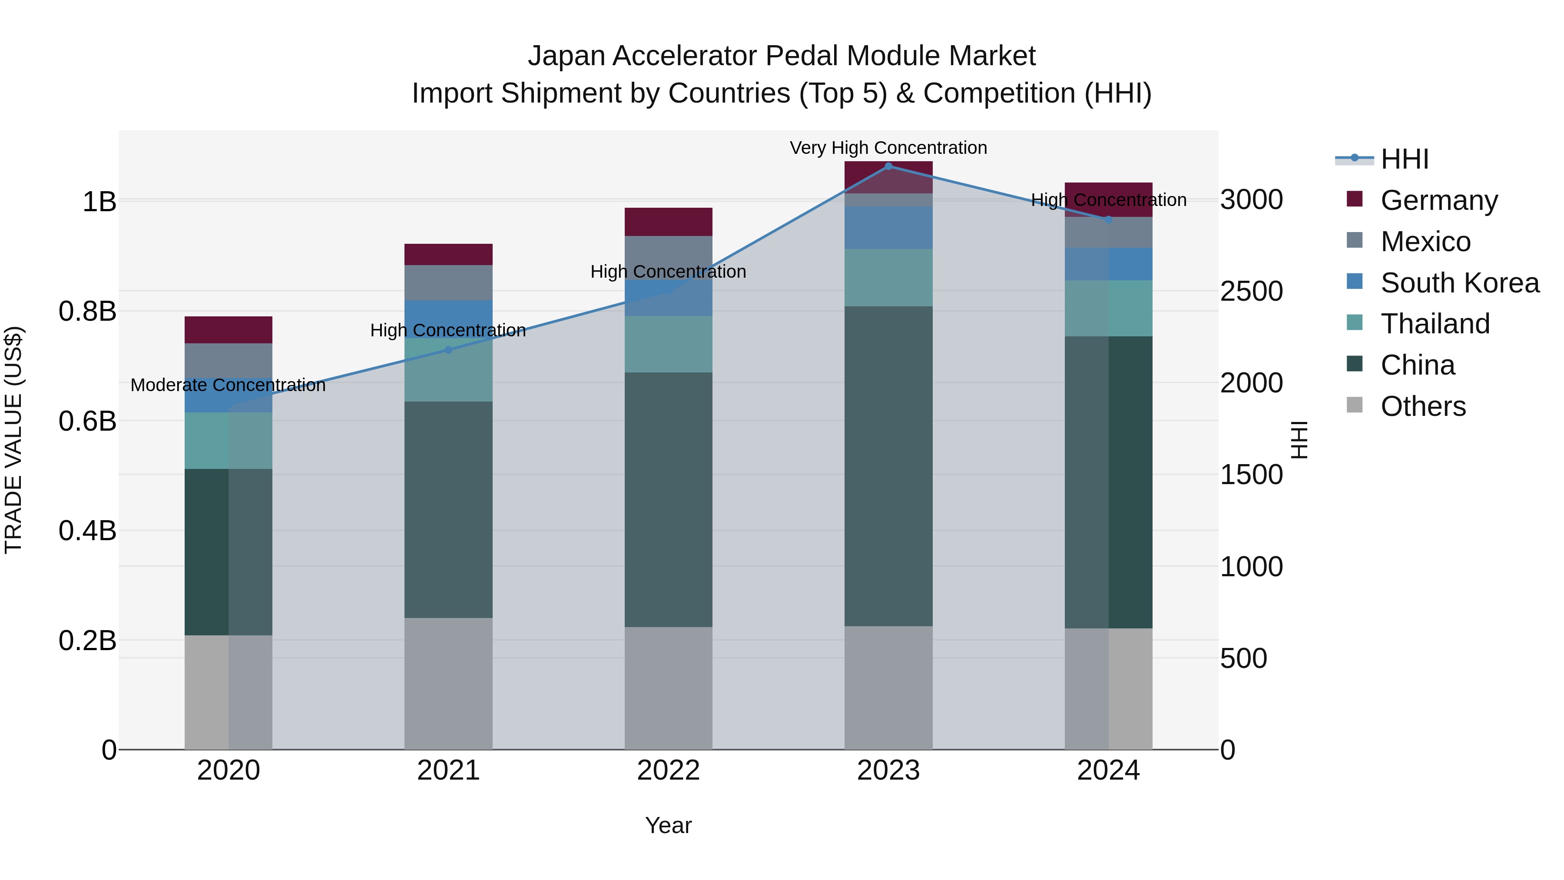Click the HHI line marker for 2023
point(888,166)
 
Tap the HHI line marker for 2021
point(448,350)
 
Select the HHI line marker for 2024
point(1108,219)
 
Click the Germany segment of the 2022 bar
point(669,222)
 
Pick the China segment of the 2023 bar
point(888,466)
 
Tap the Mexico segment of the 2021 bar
point(448,282)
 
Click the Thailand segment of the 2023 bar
point(888,278)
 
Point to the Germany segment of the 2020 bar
point(228,330)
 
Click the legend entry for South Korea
point(1460,283)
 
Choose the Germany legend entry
point(1439,200)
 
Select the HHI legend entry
point(1404,159)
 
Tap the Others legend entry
point(1422,406)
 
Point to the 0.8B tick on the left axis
point(87,312)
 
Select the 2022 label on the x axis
point(669,770)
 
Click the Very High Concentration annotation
point(888,148)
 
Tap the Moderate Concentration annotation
point(228,385)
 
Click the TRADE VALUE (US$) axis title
point(13,440)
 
